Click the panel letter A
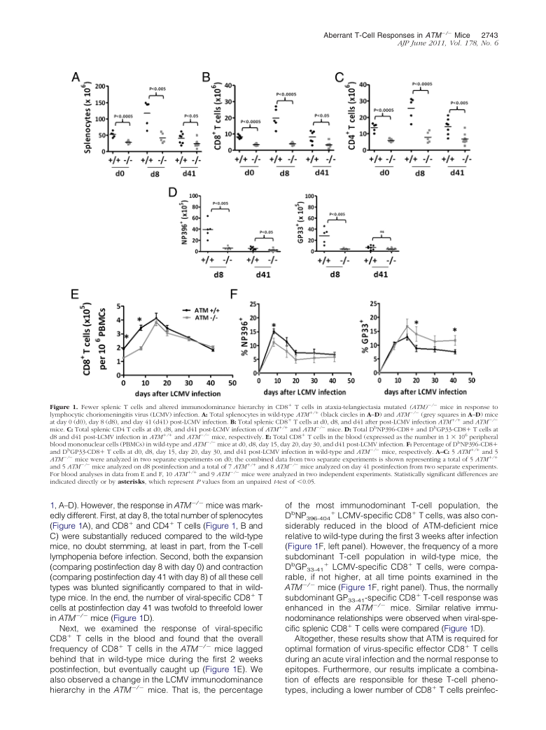78,81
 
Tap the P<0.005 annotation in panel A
157,90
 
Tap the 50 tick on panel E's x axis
232,383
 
